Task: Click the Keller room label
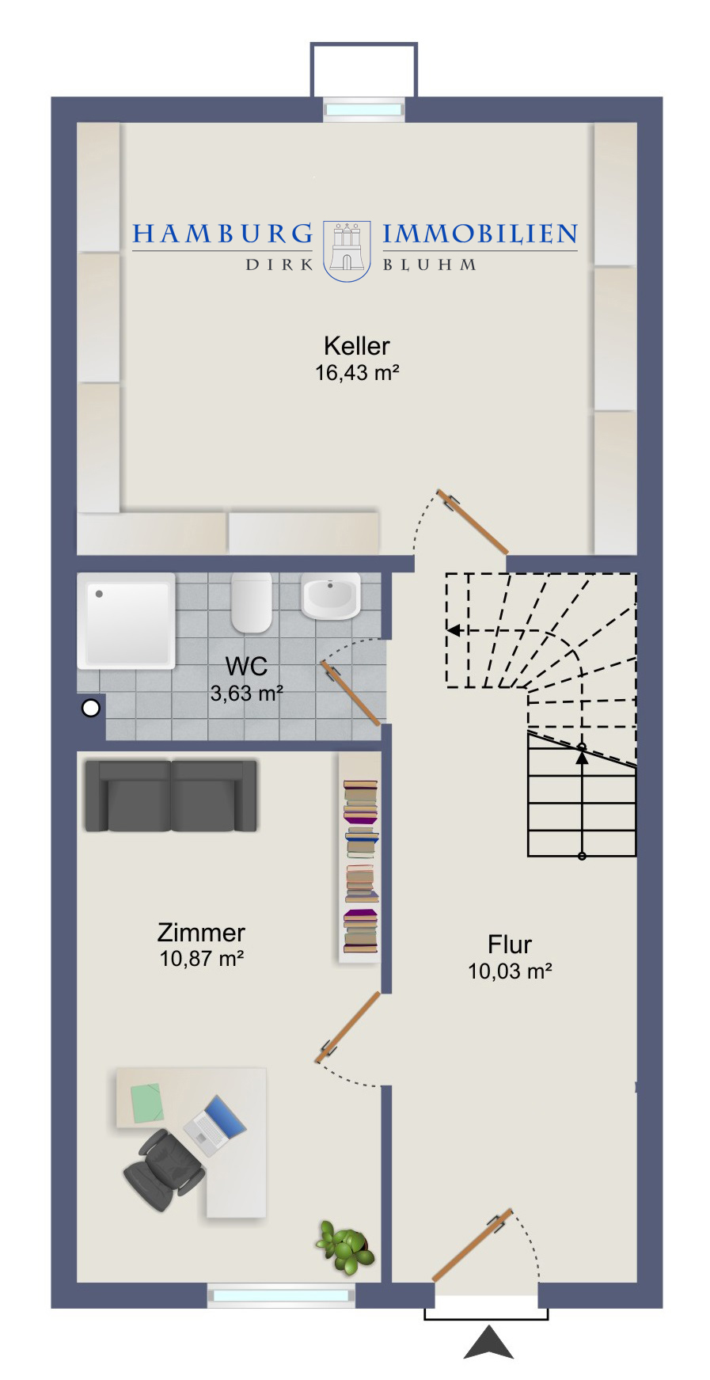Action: pyautogui.click(x=356, y=346)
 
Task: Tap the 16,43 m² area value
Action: pyautogui.click(x=356, y=372)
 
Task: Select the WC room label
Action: pyautogui.click(x=246, y=666)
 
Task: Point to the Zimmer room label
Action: pyautogui.click(x=201, y=932)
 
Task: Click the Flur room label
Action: pyautogui.click(x=510, y=945)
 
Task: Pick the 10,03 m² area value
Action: pyautogui.click(x=510, y=971)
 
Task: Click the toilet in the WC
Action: pyautogui.click(x=252, y=602)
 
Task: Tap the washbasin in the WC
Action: pyautogui.click(x=330, y=595)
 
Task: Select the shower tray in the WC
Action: pyautogui.click(x=127, y=621)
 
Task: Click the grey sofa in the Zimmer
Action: pyautogui.click(x=171, y=796)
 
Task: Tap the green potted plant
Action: pyautogui.click(x=346, y=1247)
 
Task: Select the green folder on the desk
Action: pyautogui.click(x=146, y=1103)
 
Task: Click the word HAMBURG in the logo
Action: pyautogui.click(x=223, y=234)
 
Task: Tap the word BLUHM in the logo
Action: pyautogui.click(x=430, y=265)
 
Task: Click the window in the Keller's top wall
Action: pyautogui.click(x=364, y=110)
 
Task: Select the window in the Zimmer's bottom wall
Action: pyautogui.click(x=281, y=1296)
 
